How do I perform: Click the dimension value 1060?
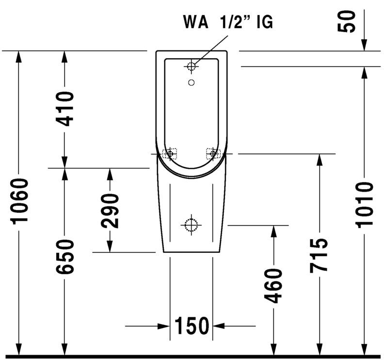click(20, 201)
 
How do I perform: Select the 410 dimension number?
click(64, 109)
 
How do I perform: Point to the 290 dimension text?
click(110, 211)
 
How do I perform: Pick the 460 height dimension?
click(273, 285)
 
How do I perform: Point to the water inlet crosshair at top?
click(192, 65)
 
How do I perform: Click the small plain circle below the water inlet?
click(192, 82)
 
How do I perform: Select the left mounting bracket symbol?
click(170, 153)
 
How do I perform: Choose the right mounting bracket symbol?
click(213, 153)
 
